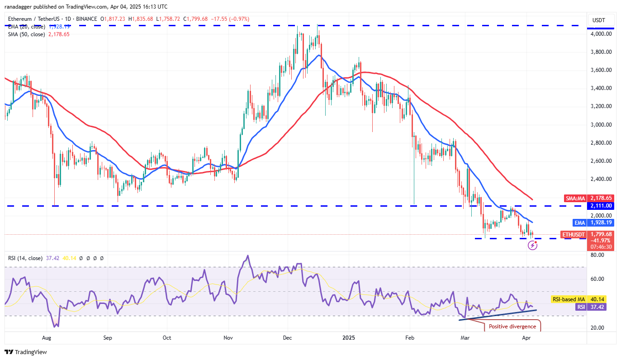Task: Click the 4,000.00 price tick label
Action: tap(602, 34)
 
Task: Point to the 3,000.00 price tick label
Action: tap(602, 124)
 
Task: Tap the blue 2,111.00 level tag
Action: tap(601, 206)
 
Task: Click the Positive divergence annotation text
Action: tap(515, 327)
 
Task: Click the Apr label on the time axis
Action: tap(526, 337)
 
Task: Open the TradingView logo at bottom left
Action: tap(26, 352)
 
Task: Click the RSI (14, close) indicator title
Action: tap(25, 258)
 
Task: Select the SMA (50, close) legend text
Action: tap(26, 34)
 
